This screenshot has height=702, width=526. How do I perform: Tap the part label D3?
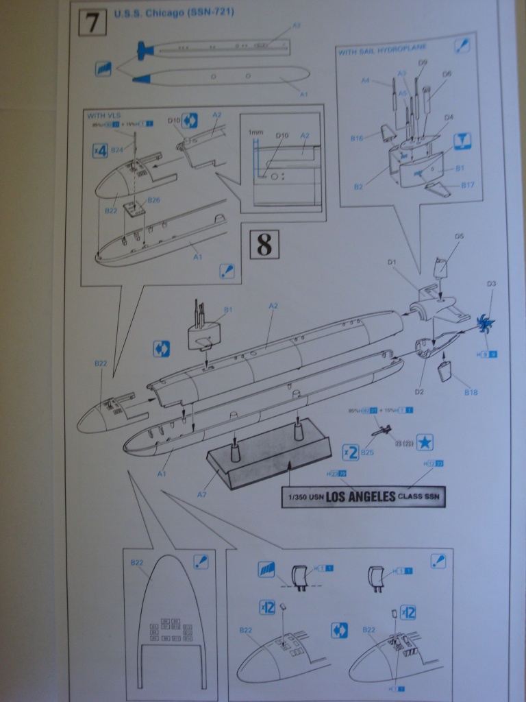tap(491, 284)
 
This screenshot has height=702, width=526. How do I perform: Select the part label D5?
tap(459, 237)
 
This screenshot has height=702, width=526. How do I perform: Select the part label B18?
tap(471, 391)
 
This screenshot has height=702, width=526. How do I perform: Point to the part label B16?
tap(357, 138)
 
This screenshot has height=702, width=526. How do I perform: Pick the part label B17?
tap(468, 184)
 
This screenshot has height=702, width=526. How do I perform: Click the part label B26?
tap(153, 200)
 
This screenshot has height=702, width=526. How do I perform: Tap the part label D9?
tap(423, 62)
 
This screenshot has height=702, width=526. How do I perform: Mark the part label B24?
tap(117, 149)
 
